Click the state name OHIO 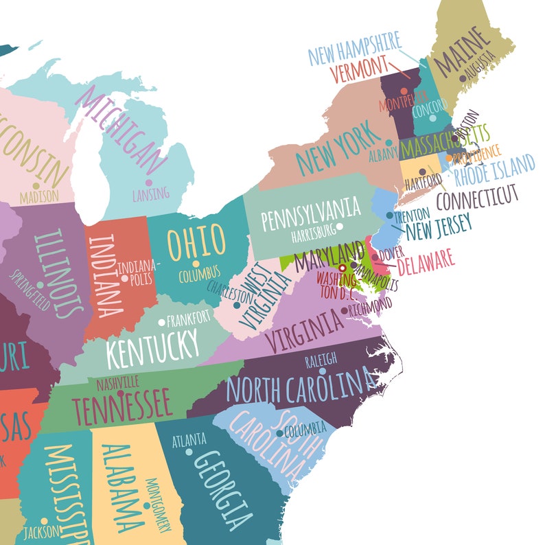coord(197,242)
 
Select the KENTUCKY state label coord(152,347)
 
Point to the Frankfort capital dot coord(161,322)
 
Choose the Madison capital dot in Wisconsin coord(36,185)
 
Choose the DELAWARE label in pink coord(426,262)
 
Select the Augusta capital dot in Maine coord(463,79)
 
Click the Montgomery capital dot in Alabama coord(147,506)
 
